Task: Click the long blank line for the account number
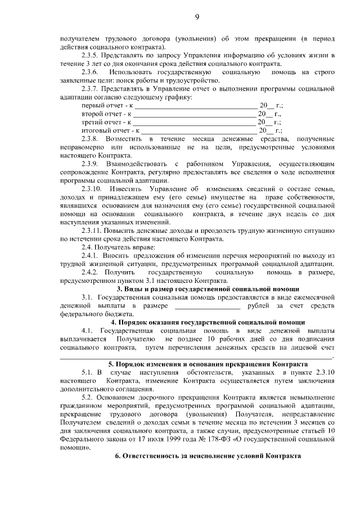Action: click(x=197, y=357)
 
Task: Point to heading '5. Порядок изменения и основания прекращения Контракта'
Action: click(x=208, y=364)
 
